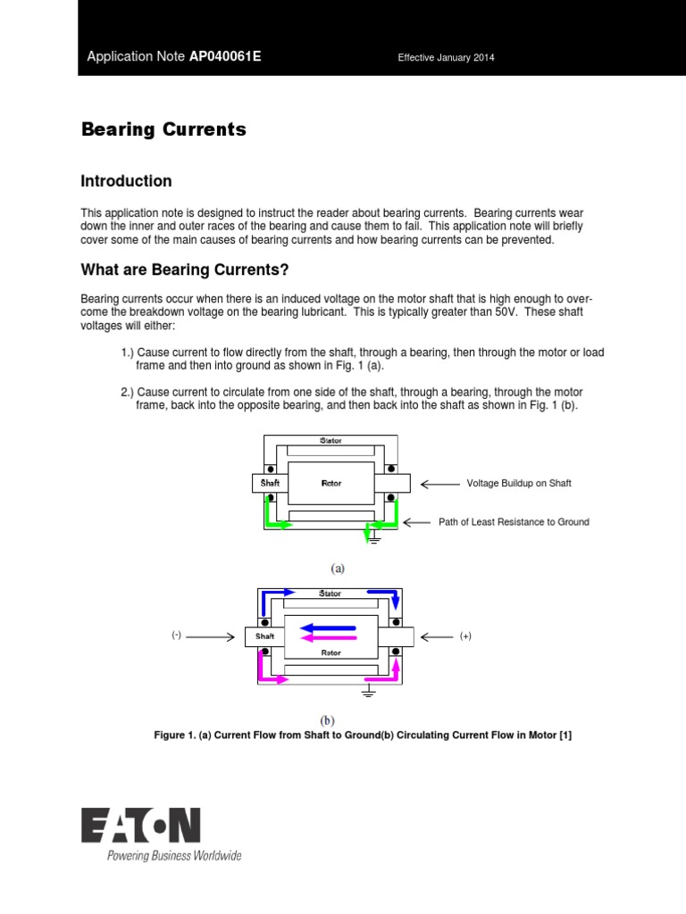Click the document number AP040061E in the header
225,57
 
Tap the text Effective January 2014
446,58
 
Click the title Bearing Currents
163,129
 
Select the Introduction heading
126,181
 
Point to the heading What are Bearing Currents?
185,270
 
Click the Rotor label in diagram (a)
331,483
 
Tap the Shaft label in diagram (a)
270,483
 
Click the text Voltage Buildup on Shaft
518,483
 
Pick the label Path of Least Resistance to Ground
514,522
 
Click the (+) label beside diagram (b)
465,636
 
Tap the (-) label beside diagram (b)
177,636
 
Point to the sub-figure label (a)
338,568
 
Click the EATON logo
141,826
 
